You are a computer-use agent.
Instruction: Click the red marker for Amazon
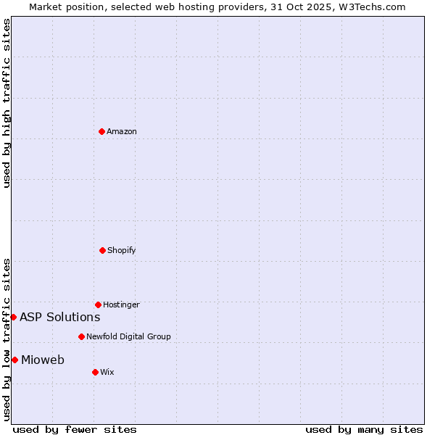(x=101, y=131)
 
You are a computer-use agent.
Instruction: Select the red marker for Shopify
(x=102, y=250)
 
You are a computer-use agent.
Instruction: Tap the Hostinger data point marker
(x=98, y=304)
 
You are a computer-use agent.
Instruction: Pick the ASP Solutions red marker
(x=13, y=317)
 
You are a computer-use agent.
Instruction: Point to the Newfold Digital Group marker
(x=81, y=336)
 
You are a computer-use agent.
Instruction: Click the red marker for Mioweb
(x=14, y=360)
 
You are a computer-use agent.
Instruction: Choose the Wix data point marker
(x=95, y=372)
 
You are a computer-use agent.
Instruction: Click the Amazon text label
(x=122, y=131)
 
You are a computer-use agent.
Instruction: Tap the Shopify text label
(x=122, y=250)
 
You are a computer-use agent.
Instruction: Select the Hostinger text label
(x=121, y=304)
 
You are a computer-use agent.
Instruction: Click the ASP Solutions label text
(x=59, y=317)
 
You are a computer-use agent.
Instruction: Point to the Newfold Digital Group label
(x=128, y=336)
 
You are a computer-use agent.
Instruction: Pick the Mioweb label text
(x=43, y=360)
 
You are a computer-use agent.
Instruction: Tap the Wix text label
(x=107, y=372)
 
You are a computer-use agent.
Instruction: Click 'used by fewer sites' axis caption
(x=75, y=429)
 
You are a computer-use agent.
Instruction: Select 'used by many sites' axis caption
(x=364, y=429)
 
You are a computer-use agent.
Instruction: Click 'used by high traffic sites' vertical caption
(x=7, y=103)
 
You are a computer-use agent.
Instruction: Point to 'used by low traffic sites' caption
(x=7, y=339)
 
